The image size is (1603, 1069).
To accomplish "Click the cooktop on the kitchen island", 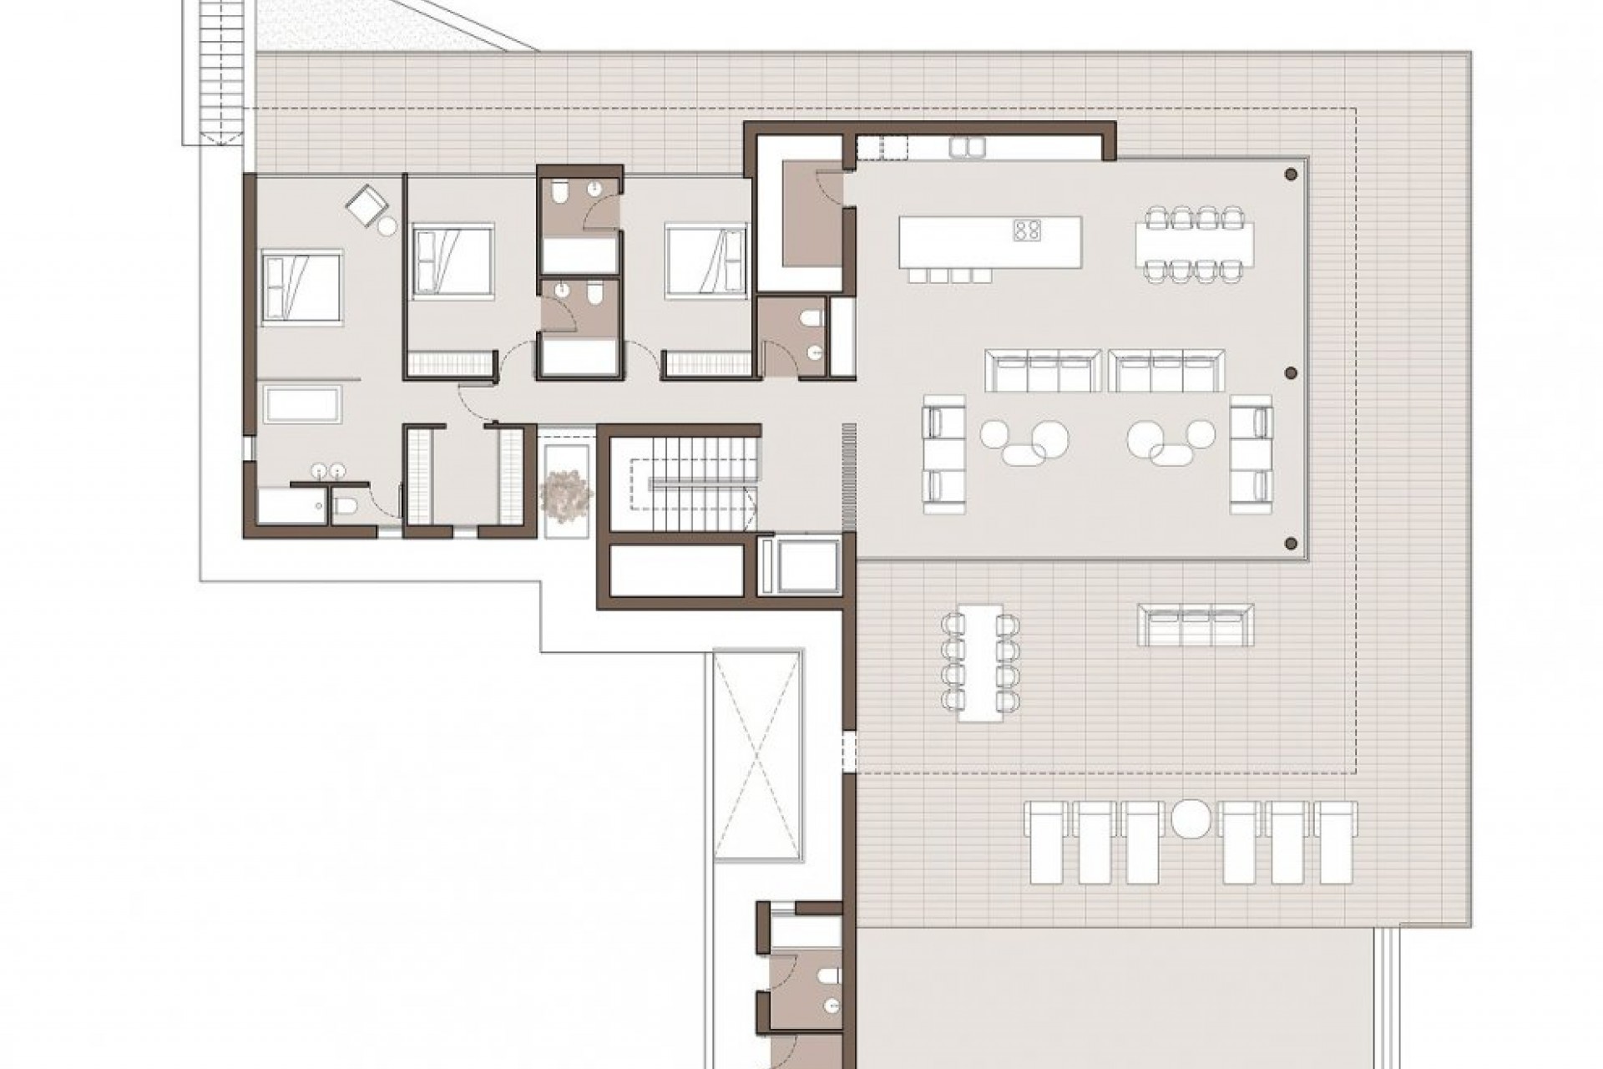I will pos(1027,230).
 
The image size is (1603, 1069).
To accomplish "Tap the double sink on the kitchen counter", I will pos(967,148).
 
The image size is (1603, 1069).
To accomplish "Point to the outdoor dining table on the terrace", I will pos(980,661).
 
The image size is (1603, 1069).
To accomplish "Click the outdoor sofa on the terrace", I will pos(1196,626).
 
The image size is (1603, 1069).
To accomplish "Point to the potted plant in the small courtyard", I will pos(565,493).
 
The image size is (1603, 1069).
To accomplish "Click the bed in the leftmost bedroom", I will pos(301,286).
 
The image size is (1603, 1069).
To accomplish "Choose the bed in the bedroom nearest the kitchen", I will pos(705,259).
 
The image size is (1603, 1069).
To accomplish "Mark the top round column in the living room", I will pos(1291,175).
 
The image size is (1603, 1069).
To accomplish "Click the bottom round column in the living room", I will pos(1292,544).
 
